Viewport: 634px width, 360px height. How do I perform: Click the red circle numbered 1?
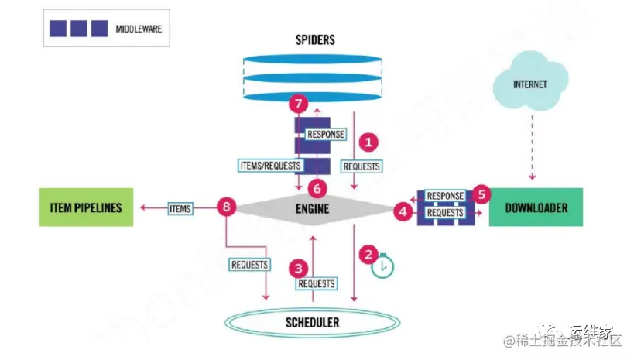(369, 142)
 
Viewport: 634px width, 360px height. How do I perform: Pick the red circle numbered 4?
(403, 209)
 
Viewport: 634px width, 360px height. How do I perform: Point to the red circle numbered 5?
(481, 194)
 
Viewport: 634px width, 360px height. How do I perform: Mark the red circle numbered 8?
(226, 207)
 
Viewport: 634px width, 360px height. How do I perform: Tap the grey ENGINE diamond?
(312, 208)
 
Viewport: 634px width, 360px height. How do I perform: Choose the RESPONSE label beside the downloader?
(444, 197)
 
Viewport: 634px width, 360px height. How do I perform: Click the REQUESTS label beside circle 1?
(361, 166)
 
